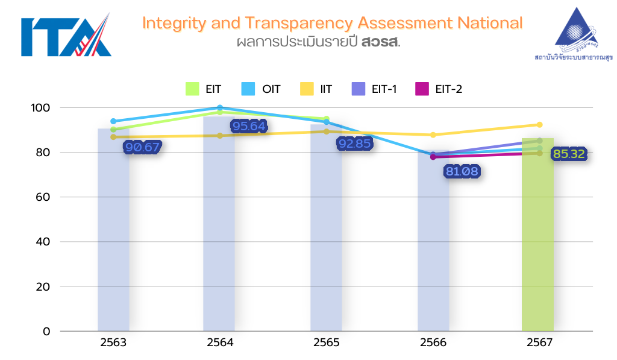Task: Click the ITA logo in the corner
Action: click(x=66, y=36)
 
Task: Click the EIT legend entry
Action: click(x=203, y=89)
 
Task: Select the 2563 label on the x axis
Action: click(x=113, y=343)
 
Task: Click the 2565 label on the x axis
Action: click(x=326, y=343)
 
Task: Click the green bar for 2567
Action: click(x=537, y=241)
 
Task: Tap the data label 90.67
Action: click(x=142, y=148)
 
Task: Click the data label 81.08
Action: click(x=462, y=172)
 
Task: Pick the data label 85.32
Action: click(x=569, y=154)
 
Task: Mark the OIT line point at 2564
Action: click(x=219, y=108)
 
